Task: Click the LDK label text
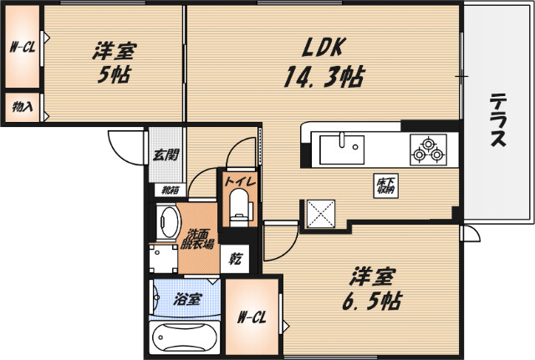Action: (x=317, y=48)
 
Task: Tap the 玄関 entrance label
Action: (x=166, y=154)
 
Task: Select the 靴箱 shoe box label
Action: (x=170, y=190)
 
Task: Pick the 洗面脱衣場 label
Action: (x=199, y=239)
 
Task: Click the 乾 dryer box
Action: (x=235, y=259)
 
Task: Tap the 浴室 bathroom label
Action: (x=186, y=297)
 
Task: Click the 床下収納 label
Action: (x=385, y=185)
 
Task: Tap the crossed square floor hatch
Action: (x=320, y=212)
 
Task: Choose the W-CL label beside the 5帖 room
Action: (x=20, y=48)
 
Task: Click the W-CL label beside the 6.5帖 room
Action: (x=253, y=317)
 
